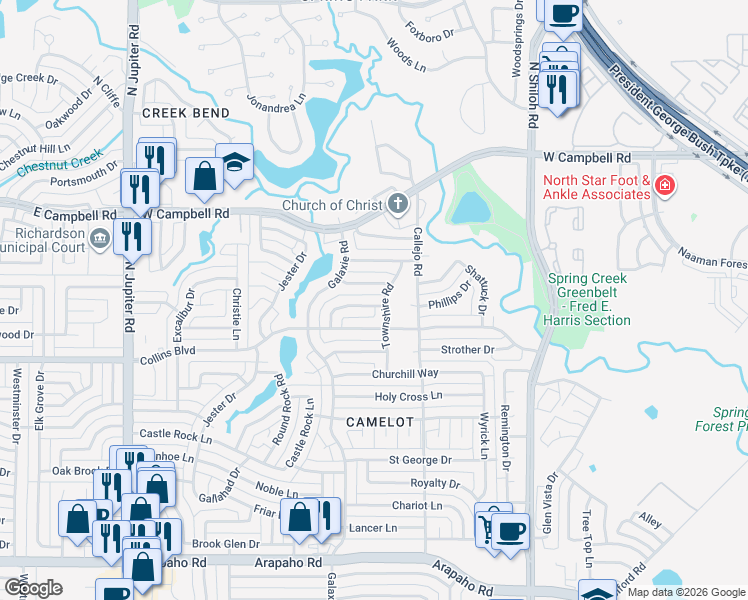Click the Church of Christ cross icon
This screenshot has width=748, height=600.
398,206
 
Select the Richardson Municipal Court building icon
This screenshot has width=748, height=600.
100,238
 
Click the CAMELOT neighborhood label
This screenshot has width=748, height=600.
379,422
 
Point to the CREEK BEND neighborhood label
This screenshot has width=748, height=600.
185,113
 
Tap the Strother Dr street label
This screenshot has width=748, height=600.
468,350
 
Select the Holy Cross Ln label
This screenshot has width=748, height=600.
408,397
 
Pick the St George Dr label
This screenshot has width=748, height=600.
420,461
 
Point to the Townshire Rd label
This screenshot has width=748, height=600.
385,315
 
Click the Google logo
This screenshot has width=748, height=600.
32,588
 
